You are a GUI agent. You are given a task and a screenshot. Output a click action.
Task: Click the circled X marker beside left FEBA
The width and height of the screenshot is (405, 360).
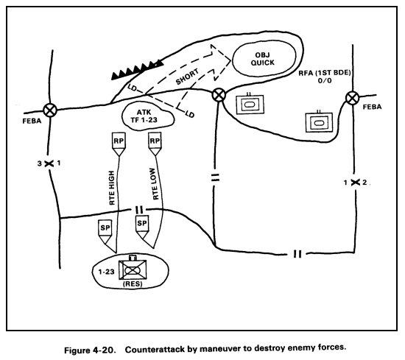tap(50, 110)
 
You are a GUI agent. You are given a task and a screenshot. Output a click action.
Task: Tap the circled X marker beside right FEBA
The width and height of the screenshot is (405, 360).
tap(353, 96)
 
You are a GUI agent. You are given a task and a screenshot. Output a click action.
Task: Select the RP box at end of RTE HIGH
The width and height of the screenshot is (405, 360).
tap(119, 141)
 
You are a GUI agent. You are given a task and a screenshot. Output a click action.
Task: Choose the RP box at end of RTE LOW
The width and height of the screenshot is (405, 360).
tap(155, 141)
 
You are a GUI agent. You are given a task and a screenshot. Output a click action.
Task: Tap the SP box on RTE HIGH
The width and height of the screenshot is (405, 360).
tap(105, 229)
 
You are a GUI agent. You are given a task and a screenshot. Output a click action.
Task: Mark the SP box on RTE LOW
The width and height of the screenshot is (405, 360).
tap(143, 223)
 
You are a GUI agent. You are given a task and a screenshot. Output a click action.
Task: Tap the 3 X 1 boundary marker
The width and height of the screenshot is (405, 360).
tap(50, 163)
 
